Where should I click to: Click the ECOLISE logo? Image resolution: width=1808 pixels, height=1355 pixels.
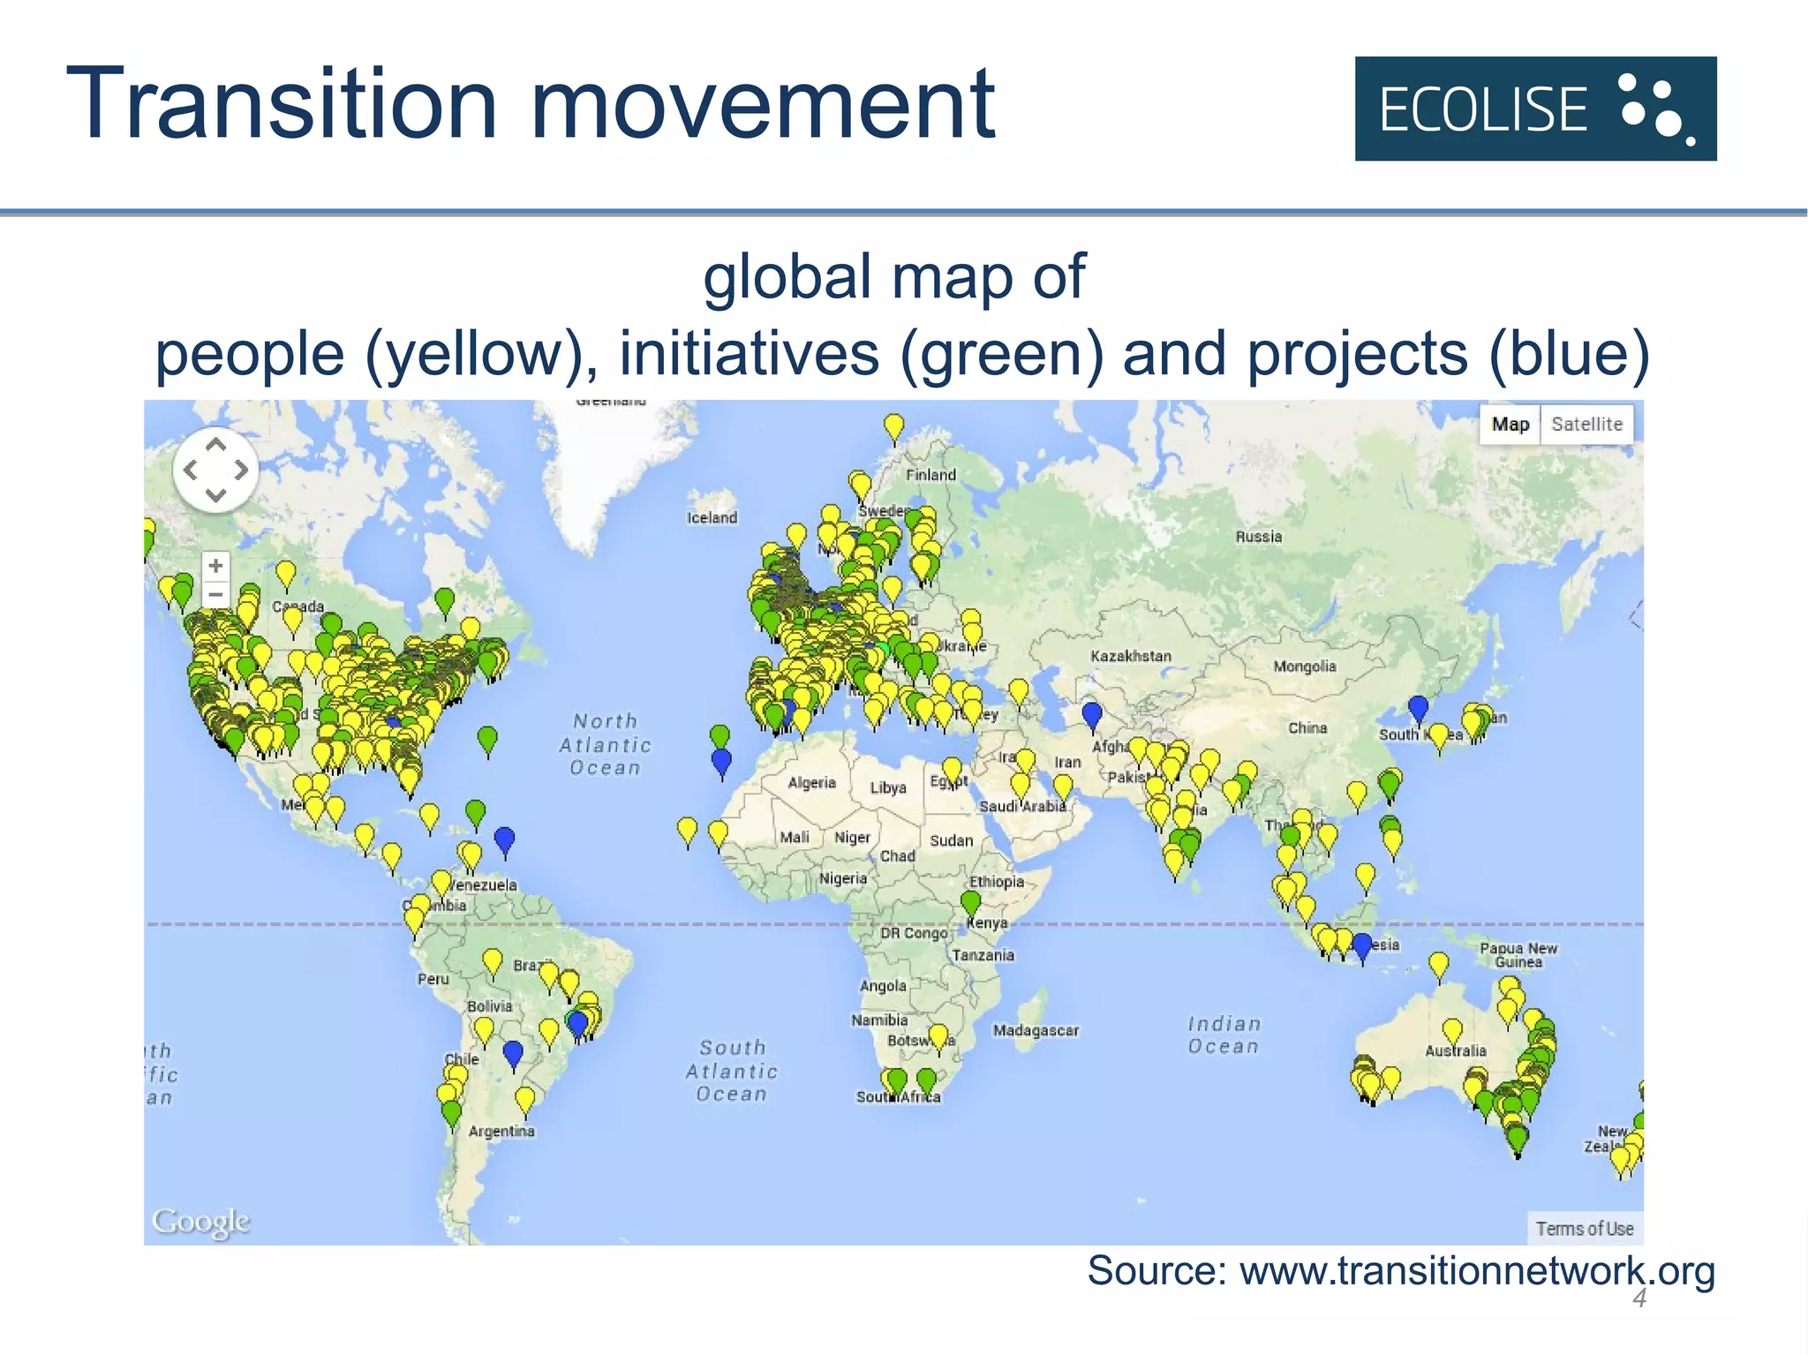click(1535, 109)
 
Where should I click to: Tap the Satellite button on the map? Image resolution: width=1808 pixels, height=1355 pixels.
click(1586, 425)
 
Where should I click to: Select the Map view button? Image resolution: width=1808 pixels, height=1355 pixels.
click(1510, 425)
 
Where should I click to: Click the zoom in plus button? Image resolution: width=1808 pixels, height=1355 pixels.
click(215, 565)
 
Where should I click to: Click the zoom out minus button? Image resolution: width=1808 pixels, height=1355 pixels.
click(215, 594)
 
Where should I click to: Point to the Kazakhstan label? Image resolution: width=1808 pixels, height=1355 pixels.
click(1130, 656)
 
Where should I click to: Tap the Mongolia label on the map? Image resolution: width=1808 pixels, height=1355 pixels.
click(1304, 666)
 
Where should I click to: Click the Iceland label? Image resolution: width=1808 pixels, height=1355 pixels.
click(712, 517)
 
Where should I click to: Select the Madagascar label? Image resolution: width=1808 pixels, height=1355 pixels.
click(1036, 1030)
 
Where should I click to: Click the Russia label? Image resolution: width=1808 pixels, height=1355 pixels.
click(1258, 537)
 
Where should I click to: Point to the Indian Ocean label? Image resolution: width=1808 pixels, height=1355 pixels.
click(1224, 1035)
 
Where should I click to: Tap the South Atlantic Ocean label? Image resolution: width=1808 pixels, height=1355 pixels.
click(732, 1071)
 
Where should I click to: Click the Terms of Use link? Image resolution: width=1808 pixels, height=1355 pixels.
click(1584, 1229)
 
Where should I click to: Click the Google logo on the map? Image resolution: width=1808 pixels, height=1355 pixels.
click(201, 1222)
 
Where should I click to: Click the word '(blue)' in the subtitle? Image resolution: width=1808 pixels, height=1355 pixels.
click(1569, 353)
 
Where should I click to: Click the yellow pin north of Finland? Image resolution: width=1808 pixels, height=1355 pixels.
click(894, 427)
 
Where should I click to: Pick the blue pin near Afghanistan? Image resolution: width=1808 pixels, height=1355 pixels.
click(1092, 713)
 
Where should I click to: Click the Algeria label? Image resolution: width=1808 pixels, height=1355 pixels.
click(811, 783)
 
